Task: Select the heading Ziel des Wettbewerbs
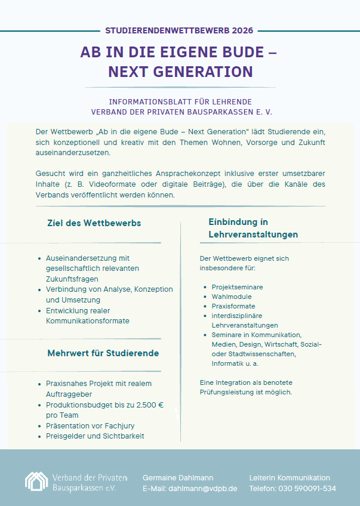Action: (94, 223)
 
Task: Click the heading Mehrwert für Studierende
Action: (103, 353)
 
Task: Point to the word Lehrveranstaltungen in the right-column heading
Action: (253, 235)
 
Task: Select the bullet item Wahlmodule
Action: (232, 297)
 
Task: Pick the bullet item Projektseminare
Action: (237, 287)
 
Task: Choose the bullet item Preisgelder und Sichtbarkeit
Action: (95, 436)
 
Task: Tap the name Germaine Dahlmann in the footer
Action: (178, 478)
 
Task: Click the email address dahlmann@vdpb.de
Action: (202, 488)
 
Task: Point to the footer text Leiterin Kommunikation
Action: (290, 478)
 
